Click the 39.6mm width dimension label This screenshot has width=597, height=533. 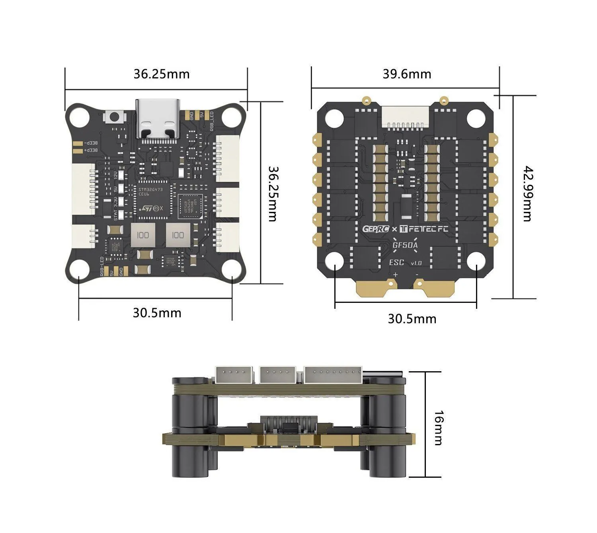coord(407,74)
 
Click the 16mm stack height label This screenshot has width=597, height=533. coord(438,428)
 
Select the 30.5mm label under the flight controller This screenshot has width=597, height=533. coord(157,313)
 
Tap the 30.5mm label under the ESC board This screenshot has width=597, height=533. coord(412,319)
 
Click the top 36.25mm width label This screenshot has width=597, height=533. coord(161,74)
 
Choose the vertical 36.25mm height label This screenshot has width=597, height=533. coord(271,194)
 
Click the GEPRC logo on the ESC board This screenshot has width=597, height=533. coord(375,229)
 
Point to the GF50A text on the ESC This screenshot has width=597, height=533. coord(405,245)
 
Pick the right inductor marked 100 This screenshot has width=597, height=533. coord(178,235)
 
